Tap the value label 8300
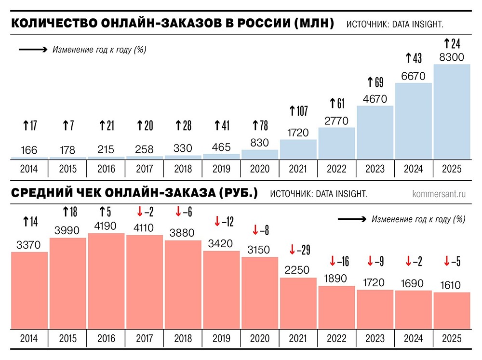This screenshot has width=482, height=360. pos(452,57)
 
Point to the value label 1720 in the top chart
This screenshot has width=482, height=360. pos(298,132)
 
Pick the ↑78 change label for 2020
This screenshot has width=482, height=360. pos(260,126)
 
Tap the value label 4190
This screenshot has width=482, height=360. pos(106,225)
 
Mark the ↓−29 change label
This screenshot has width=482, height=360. pos(298,250)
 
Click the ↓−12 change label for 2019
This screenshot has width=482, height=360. pos(224,222)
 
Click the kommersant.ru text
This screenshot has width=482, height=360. pos(439,194)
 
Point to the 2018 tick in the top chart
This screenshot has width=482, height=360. pos(183,169)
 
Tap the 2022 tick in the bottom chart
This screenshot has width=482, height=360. pos(336,338)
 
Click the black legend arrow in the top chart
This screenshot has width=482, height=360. pos(32,49)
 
